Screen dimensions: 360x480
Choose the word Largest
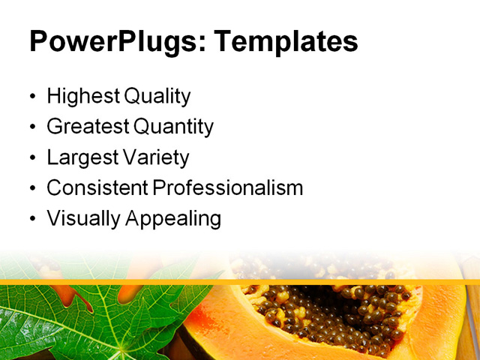79,157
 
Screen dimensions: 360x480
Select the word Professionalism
227,188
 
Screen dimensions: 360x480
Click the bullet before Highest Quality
31,97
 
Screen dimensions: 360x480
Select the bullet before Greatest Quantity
31,128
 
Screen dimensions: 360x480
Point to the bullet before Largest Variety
31,159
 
